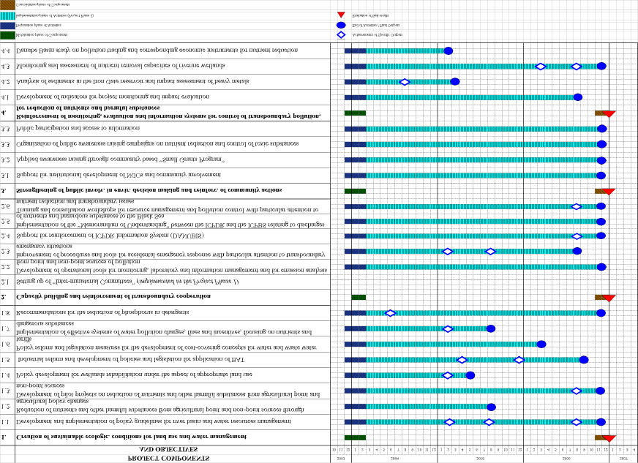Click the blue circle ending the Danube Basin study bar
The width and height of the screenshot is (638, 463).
(x=449, y=50)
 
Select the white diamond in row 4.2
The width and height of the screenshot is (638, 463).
(x=405, y=82)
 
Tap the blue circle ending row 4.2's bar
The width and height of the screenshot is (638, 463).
(x=455, y=82)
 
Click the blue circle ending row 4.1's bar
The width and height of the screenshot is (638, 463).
(x=578, y=97)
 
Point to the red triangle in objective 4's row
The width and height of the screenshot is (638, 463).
(x=608, y=113)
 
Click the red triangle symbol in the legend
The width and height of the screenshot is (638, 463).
(x=341, y=15)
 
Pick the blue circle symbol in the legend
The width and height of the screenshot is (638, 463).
(x=341, y=25)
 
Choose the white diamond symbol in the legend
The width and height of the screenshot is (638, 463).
(x=341, y=34)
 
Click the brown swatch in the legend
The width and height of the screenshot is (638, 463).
(x=7, y=4)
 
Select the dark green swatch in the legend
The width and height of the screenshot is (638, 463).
(x=7, y=34)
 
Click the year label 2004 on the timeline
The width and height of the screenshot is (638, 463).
(x=394, y=457)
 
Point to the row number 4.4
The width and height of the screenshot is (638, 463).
(x=7, y=50)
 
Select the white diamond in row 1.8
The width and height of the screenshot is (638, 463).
(x=390, y=313)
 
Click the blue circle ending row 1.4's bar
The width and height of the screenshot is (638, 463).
(x=470, y=375)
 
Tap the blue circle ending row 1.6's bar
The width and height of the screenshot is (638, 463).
(x=541, y=344)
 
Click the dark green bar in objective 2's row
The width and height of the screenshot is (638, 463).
(x=359, y=297)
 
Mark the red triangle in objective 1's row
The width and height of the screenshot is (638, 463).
(x=608, y=438)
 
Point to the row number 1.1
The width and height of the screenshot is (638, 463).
(x=7, y=422)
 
